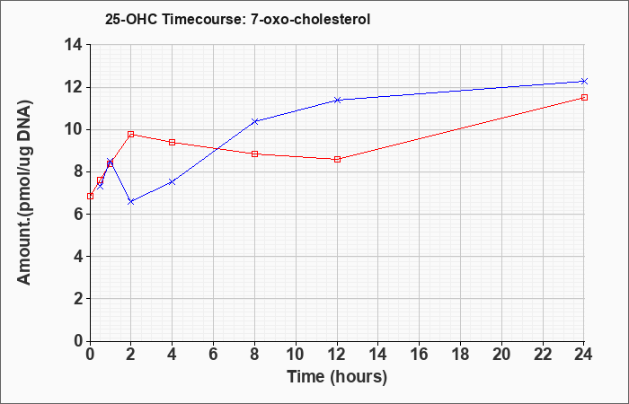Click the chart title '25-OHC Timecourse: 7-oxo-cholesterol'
pyautogui.click(x=237, y=19)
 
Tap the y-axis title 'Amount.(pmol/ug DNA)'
pyautogui.click(x=24, y=192)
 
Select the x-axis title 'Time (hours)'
pyautogui.click(x=337, y=377)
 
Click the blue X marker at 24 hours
pyautogui.click(x=584, y=82)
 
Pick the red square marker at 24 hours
pyautogui.click(x=584, y=97)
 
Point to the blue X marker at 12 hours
pyautogui.click(x=337, y=100)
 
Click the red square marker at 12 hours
pyautogui.click(x=337, y=159)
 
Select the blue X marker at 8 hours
pyautogui.click(x=254, y=121)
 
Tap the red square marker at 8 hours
pyautogui.click(x=254, y=154)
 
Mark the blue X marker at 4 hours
pyautogui.click(x=173, y=181)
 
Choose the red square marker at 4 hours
pyautogui.click(x=173, y=142)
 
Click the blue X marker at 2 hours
pyautogui.click(x=131, y=202)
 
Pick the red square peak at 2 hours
pyautogui.click(x=131, y=135)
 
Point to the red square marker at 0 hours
pyautogui.click(x=90, y=196)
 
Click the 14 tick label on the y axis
pyautogui.click(x=74, y=45)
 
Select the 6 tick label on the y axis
pyautogui.click(x=79, y=214)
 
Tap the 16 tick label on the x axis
pyautogui.click(x=420, y=355)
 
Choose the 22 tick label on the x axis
pyautogui.click(x=543, y=355)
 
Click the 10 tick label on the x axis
pyautogui.click(x=296, y=355)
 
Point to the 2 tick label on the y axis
pyautogui.click(x=79, y=299)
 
